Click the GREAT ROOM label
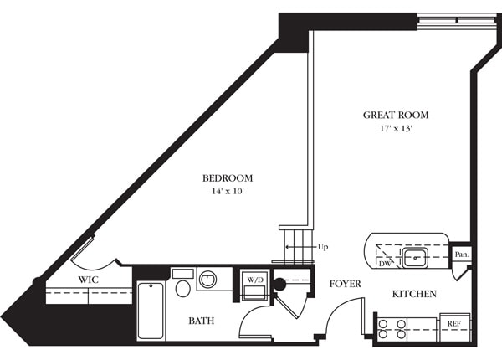(x=395, y=115)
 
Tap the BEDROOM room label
(x=228, y=178)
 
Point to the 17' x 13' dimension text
(x=395, y=130)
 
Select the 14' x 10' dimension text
(x=228, y=192)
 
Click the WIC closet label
(x=90, y=280)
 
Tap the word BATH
(x=202, y=320)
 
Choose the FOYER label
(x=345, y=285)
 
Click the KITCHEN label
(x=415, y=295)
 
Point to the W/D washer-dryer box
(x=254, y=285)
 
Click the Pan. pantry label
(x=460, y=254)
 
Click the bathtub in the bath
(x=151, y=311)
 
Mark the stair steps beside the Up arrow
(x=296, y=244)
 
